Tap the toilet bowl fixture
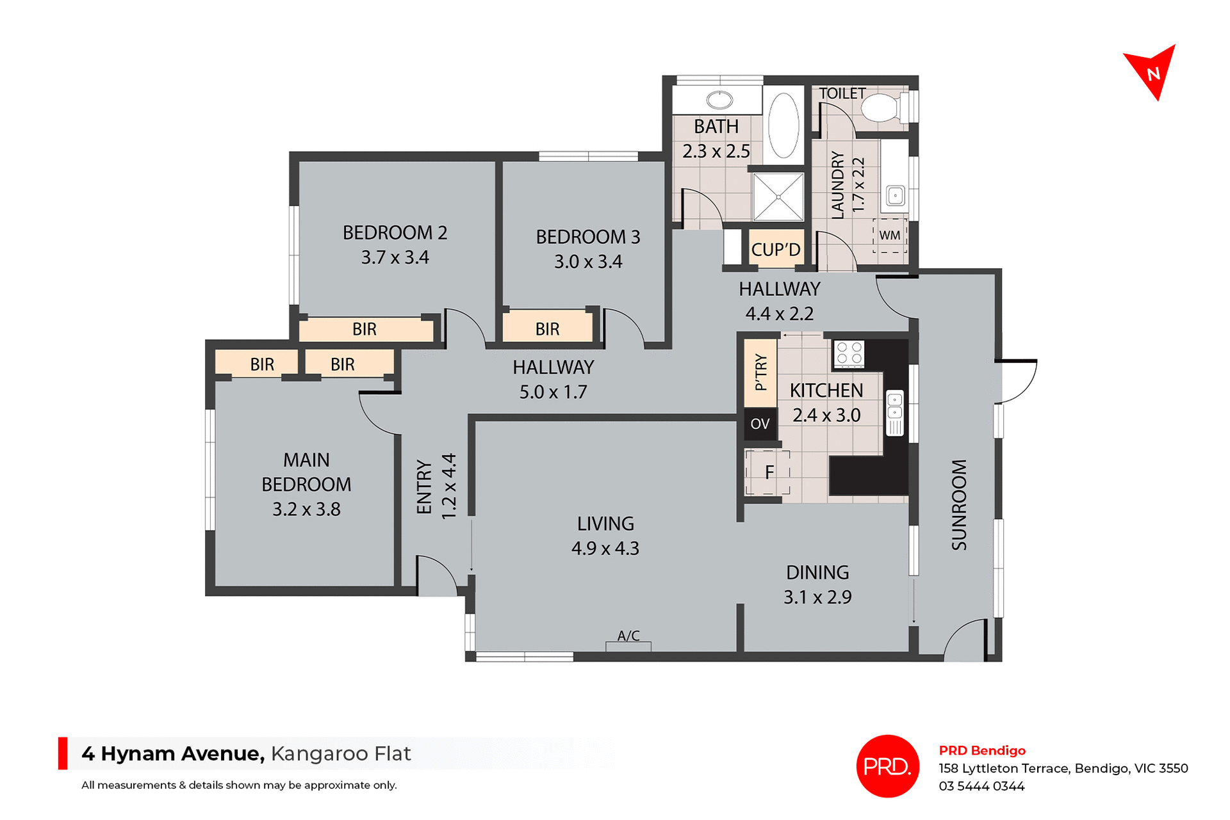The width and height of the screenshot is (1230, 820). [x=882, y=108]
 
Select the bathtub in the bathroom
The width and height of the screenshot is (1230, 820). [x=783, y=125]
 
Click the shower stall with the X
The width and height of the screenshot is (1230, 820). [x=778, y=197]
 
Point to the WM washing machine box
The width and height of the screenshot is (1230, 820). [x=890, y=236]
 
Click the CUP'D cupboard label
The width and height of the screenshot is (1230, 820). [x=776, y=249]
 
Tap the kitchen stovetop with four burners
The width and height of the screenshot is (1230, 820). [x=849, y=353]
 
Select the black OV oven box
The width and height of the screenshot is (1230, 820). [x=760, y=424]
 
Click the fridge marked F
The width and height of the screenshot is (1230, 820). [x=768, y=472]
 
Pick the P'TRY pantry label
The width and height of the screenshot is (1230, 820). [x=760, y=373]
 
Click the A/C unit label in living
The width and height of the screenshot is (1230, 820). [x=628, y=636]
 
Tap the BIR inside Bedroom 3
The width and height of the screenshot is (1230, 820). [x=547, y=329]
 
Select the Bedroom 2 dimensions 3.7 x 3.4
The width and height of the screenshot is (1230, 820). [x=395, y=257]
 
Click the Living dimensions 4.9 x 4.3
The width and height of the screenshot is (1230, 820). [x=605, y=549]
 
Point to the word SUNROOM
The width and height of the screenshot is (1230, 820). [x=959, y=505]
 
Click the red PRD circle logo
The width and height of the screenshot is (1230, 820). [x=887, y=766]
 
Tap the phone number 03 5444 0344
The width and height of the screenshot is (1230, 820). [x=981, y=787]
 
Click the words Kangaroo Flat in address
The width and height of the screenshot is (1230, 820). [x=341, y=754]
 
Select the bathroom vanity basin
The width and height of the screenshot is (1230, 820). [x=719, y=100]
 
